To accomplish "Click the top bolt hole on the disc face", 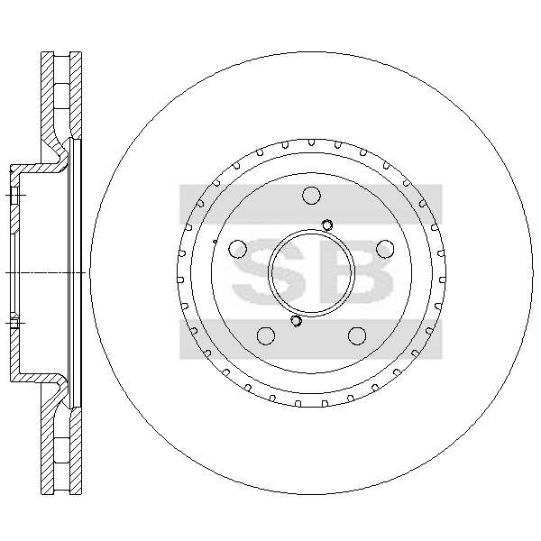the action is (x=311, y=196).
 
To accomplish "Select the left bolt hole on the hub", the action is (x=238, y=249).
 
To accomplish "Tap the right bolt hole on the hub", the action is (x=385, y=249).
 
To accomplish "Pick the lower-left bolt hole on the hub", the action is (x=266, y=335).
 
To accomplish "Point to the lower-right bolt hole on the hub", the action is (x=357, y=335).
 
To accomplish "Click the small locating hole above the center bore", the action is (x=327, y=225).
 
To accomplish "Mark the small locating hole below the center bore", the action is (x=296, y=321).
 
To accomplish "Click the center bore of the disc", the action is (x=311, y=272).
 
